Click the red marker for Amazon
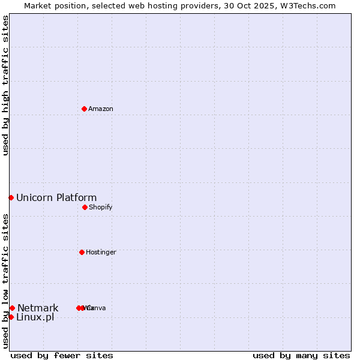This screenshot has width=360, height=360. click(x=84, y=109)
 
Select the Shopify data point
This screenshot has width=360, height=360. click(x=85, y=207)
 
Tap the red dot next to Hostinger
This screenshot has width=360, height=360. click(x=82, y=252)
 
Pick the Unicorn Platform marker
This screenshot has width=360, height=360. click(x=11, y=197)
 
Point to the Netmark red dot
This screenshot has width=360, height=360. click(x=12, y=308)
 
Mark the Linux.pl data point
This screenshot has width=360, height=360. click(x=11, y=317)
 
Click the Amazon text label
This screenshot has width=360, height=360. click(x=101, y=109)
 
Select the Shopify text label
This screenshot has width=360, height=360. click(x=101, y=207)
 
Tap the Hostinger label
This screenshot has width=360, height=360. click(x=101, y=252)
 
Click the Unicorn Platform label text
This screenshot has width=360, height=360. click(x=56, y=197)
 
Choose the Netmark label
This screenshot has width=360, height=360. click(x=38, y=308)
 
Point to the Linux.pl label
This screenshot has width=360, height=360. click(x=35, y=317)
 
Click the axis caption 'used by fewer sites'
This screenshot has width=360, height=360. click(x=62, y=355)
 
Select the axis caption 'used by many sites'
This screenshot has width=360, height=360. click(x=301, y=355)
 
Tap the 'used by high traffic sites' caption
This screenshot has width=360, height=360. click(x=6, y=85)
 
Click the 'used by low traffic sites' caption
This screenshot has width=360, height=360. click(x=6, y=281)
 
